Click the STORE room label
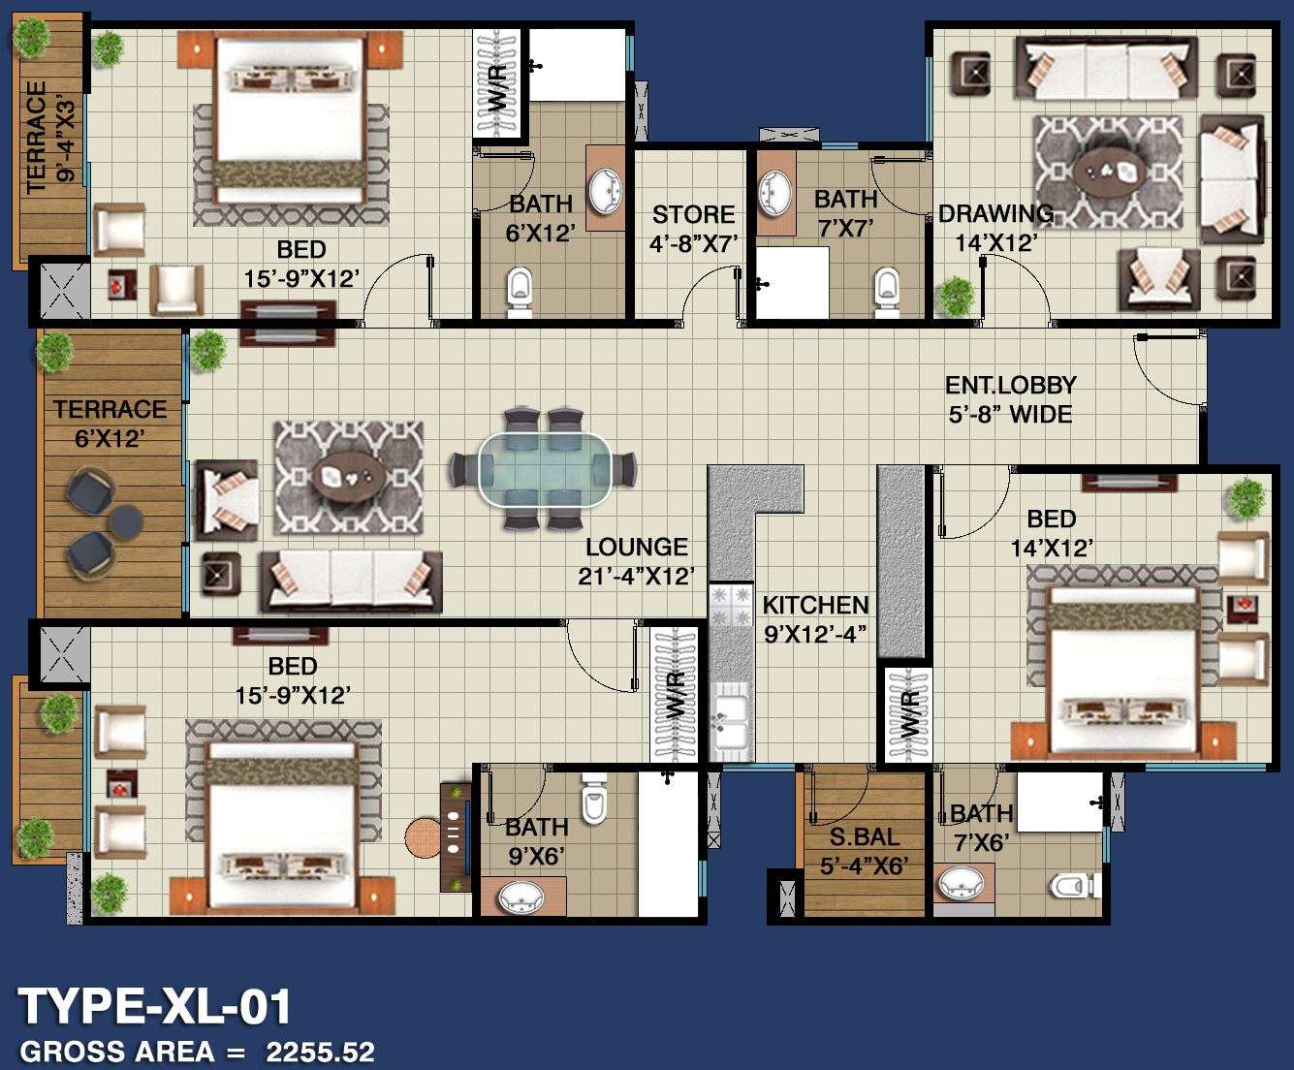(x=693, y=215)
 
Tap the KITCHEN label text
(x=815, y=606)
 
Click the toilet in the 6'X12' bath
(x=520, y=290)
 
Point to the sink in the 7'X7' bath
(x=774, y=193)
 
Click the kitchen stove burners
(x=731, y=606)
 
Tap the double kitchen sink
(x=731, y=721)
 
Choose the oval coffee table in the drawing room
(x=1109, y=172)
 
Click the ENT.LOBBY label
(x=1011, y=386)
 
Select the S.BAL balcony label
(x=865, y=837)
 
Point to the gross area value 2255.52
(x=321, y=1052)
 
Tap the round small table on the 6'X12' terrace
(x=126, y=521)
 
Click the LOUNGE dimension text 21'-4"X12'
(x=637, y=577)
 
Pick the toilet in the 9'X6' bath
(x=594, y=800)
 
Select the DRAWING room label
(x=995, y=214)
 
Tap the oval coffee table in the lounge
(x=350, y=477)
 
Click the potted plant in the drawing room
(x=956, y=297)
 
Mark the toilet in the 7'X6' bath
(x=1074, y=885)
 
